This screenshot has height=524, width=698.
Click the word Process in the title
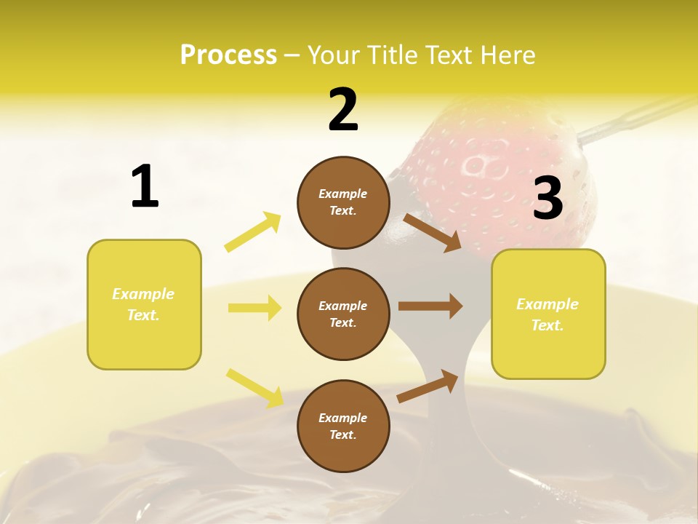pos(228,55)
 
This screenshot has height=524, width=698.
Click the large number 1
pos(145,187)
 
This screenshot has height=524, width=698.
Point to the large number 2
pos(343,111)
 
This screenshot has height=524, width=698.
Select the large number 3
pos(547,198)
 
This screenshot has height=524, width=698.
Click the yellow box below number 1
pos(144,304)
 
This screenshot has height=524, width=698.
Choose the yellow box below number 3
pos(548,314)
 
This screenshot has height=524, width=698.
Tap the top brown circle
pos(343,202)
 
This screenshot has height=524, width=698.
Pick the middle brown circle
pos(343,314)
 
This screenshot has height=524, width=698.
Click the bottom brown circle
pos(343,426)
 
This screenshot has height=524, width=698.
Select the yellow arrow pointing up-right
pos(252,232)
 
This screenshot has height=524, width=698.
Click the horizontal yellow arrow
pos(254,308)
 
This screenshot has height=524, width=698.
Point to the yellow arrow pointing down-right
pos(254,387)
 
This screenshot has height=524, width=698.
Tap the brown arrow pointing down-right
pos(432,232)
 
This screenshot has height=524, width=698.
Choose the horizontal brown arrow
pos(430,306)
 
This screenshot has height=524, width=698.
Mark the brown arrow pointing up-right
pos(428,386)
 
